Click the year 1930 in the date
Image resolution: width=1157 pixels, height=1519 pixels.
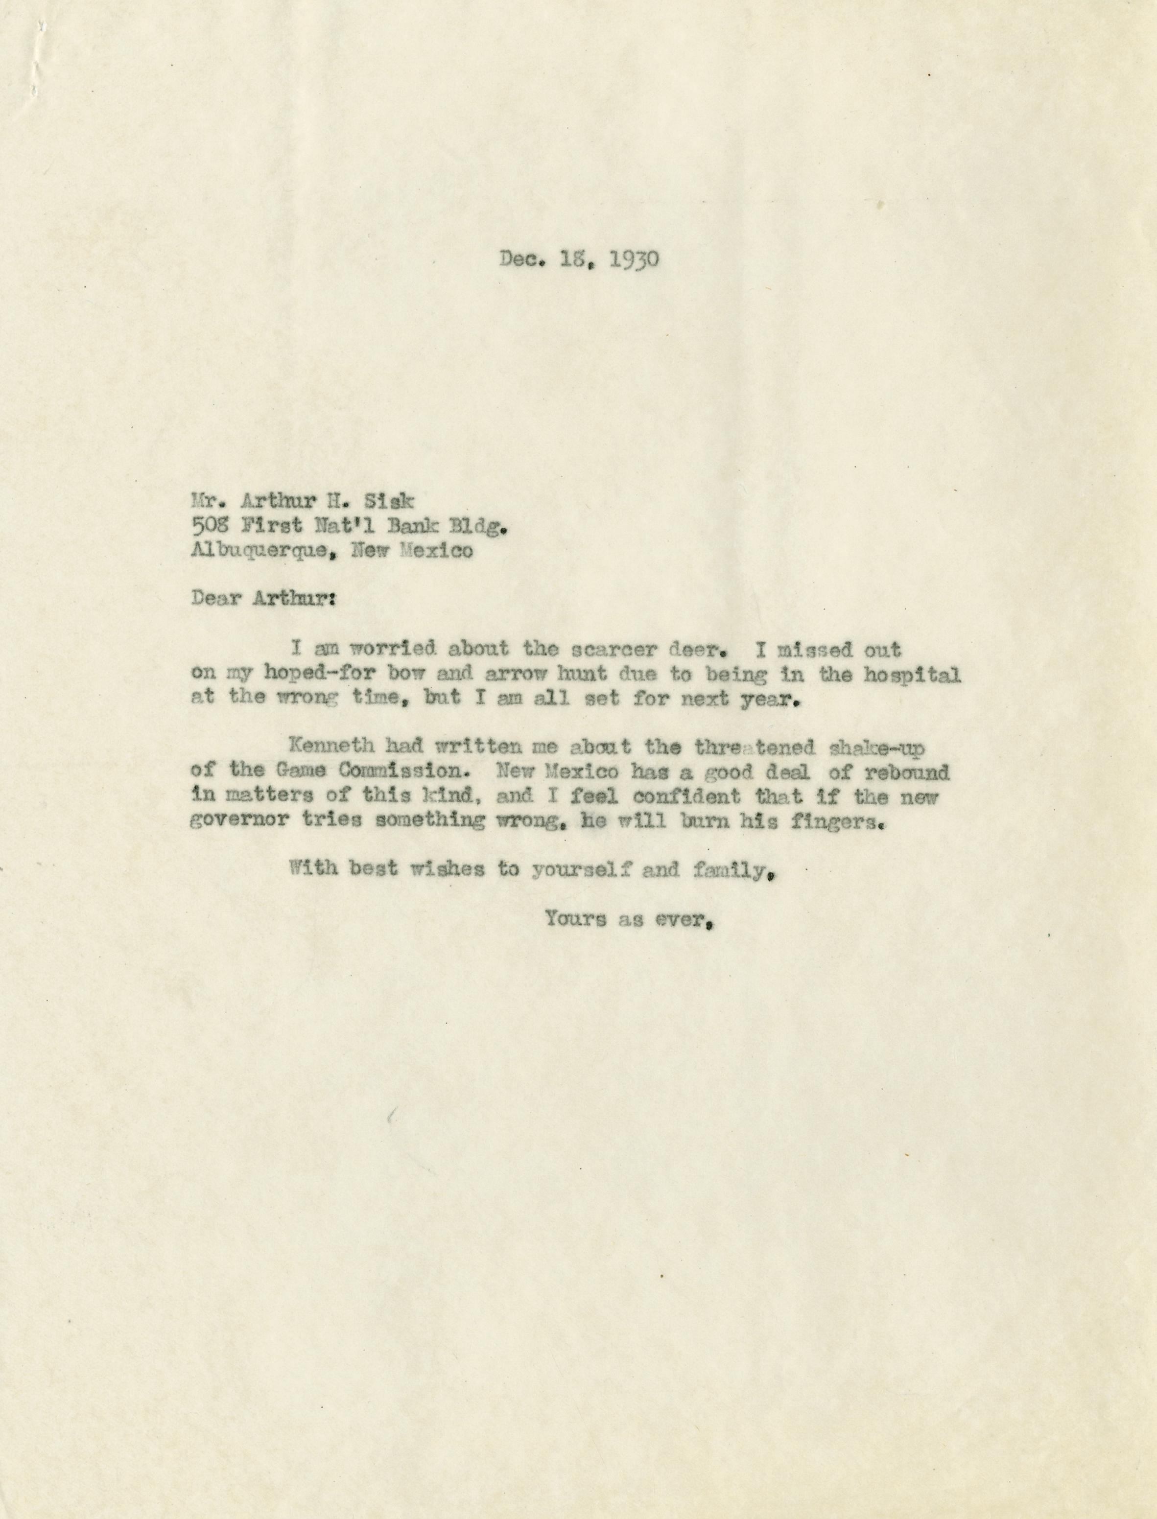point(636,259)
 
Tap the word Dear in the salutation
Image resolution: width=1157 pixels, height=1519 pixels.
point(215,598)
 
